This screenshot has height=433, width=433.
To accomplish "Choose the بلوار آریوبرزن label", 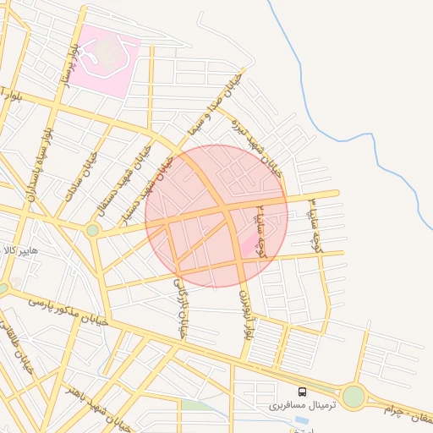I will click(x=245, y=312).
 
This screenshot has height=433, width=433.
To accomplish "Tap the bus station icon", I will click(x=303, y=392).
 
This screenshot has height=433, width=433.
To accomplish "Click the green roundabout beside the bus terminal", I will click(x=354, y=396).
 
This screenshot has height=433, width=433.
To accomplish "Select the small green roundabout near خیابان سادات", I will click(x=93, y=229).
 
